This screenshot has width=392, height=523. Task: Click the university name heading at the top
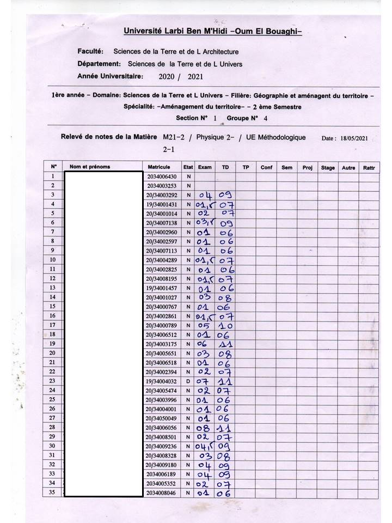click(x=212, y=32)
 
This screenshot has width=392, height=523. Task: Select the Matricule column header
click(x=159, y=167)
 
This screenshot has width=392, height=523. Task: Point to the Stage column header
click(x=328, y=168)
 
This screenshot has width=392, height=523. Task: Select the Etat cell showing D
click(x=188, y=381)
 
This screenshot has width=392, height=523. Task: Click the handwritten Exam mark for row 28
click(x=203, y=428)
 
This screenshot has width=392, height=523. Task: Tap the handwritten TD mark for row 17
click(x=225, y=326)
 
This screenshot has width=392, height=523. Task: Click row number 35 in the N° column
click(x=53, y=492)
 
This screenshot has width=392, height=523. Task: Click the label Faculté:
click(x=90, y=52)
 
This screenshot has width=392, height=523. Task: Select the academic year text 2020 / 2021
click(x=180, y=77)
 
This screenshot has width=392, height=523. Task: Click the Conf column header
click(x=266, y=168)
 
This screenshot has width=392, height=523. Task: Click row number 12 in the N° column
click(x=53, y=278)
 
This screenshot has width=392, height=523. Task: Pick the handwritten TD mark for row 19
click(x=225, y=344)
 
